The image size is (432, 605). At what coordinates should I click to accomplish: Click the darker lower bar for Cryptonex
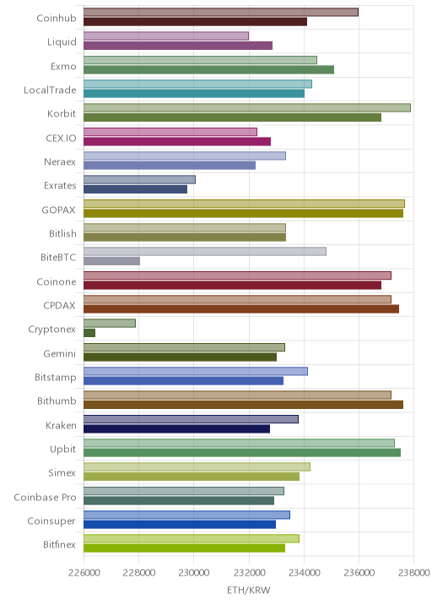tap(89, 333)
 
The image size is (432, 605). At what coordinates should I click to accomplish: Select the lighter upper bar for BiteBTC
tap(205, 251)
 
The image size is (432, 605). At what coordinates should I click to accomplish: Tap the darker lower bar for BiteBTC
tap(111, 261)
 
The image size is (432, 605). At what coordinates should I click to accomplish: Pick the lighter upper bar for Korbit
tap(247, 107)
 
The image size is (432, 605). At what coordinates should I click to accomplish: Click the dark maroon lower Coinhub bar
tap(196, 22)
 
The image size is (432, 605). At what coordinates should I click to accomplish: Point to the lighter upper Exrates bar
tap(139, 179)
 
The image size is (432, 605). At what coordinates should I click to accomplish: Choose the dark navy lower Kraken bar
tap(176, 428)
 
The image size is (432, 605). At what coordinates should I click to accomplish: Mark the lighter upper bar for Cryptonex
tap(110, 323)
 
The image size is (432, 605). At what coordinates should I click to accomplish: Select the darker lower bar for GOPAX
tap(243, 213)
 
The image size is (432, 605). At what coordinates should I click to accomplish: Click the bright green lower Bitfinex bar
tap(184, 548)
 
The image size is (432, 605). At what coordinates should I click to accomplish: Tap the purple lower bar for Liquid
tap(178, 46)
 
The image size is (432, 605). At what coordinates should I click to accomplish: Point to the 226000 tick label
tap(84, 572)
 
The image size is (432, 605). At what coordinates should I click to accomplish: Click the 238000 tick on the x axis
tap(414, 572)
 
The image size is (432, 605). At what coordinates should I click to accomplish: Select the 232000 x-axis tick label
tap(249, 572)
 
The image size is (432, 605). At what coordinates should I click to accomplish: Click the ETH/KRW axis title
tap(249, 590)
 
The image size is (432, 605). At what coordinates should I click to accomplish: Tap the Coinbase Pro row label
tap(45, 497)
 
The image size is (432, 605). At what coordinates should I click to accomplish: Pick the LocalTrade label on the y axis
tap(50, 90)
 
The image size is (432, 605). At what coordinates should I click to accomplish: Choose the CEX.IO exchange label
tap(61, 138)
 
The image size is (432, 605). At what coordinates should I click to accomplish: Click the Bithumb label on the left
tap(57, 401)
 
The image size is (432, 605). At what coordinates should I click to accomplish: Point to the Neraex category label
tap(60, 161)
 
